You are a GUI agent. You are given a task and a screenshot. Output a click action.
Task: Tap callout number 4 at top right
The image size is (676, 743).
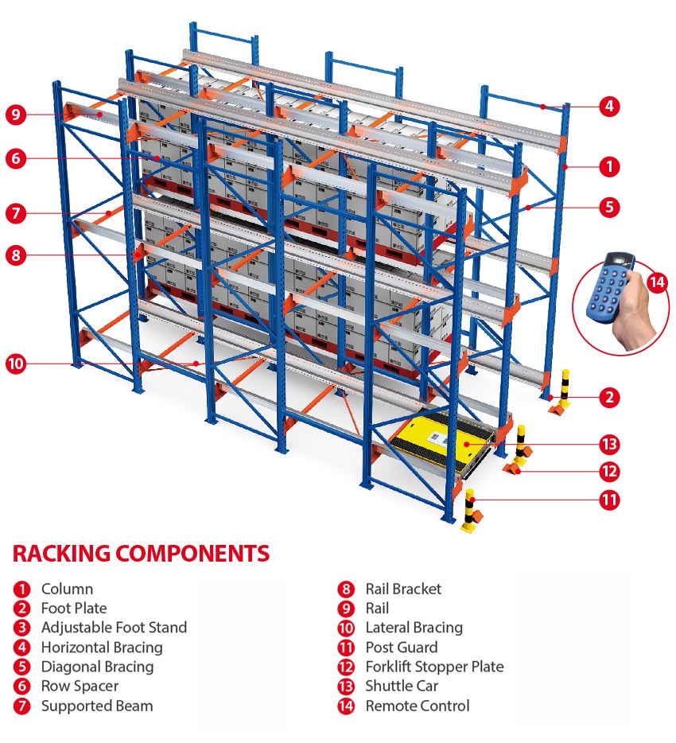pyautogui.click(x=608, y=106)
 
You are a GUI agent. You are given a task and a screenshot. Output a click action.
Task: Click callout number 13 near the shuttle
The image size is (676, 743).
pyautogui.click(x=608, y=444)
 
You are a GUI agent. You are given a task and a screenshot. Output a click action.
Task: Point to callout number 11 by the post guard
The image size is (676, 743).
pyautogui.click(x=608, y=500)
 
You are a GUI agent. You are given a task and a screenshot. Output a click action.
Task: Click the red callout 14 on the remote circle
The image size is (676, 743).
pyautogui.click(x=657, y=282)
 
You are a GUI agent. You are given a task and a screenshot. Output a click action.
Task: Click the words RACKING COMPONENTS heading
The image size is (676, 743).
pyautogui.click(x=142, y=554)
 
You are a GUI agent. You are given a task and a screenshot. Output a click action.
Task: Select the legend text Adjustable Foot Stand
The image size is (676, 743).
pyautogui.click(x=114, y=628)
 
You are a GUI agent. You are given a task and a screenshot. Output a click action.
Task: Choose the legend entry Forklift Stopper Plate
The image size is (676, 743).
pyautogui.click(x=434, y=667)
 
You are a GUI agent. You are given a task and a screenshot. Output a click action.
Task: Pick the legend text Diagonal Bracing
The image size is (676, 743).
pyautogui.click(x=97, y=667)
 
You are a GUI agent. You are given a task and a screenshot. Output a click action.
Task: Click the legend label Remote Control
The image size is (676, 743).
pyautogui.click(x=417, y=706)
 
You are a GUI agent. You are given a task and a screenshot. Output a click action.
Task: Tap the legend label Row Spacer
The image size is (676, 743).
pyautogui.click(x=80, y=686)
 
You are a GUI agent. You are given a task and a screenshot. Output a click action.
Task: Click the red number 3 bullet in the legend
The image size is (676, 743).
pyautogui.click(x=21, y=628)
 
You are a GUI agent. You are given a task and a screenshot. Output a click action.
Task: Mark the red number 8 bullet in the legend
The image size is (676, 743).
pyautogui.click(x=345, y=589)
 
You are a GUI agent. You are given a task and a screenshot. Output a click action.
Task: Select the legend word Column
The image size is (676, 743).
pyautogui.click(x=67, y=589)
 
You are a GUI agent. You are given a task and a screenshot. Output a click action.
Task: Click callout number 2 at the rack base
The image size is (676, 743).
pyautogui.click(x=608, y=397)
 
